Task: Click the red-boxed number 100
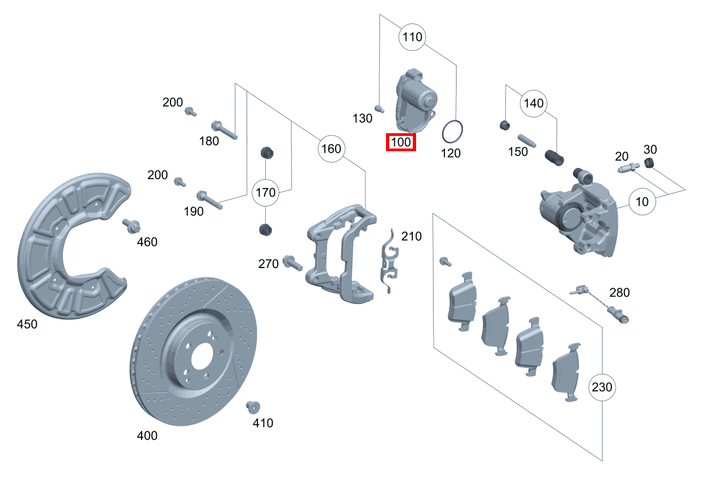click(401, 142)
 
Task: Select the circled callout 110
click(412, 37)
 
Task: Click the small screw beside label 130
click(377, 107)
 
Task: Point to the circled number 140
click(534, 103)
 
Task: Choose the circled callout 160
click(331, 149)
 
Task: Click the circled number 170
click(265, 192)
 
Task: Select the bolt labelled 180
click(224, 129)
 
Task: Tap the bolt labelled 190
click(209, 199)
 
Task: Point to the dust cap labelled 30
click(649, 163)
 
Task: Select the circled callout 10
click(642, 201)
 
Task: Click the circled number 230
click(603, 388)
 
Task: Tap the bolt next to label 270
click(293, 263)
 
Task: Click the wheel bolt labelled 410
click(253, 407)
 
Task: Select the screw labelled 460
click(132, 225)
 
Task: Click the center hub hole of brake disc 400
click(201, 355)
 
